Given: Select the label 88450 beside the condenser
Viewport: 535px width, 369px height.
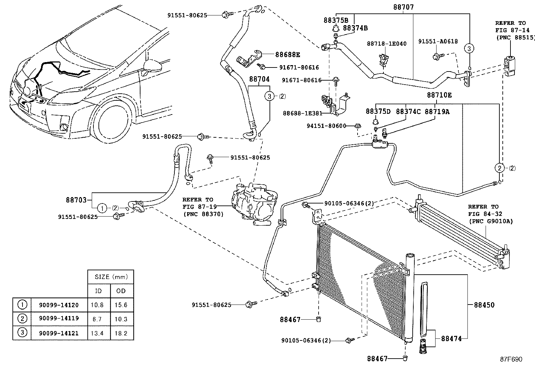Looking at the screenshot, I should pyautogui.click(x=484, y=305).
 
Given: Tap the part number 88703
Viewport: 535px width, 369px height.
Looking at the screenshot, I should pyautogui.click(x=76, y=200).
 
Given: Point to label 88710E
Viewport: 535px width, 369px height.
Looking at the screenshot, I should pyautogui.click(x=439, y=95).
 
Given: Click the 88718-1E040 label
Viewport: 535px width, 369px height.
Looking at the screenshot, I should pyautogui.click(x=386, y=44).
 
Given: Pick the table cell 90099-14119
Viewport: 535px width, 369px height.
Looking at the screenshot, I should pyautogui.click(x=59, y=319).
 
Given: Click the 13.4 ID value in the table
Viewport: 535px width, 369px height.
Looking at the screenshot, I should pyautogui.click(x=97, y=333).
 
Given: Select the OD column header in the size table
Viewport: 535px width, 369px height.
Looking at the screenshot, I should pyautogui.click(x=121, y=291).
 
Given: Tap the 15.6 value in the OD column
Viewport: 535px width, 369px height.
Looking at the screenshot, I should pyautogui.click(x=121, y=305).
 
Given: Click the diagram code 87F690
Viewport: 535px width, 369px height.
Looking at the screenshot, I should pyautogui.click(x=511, y=359).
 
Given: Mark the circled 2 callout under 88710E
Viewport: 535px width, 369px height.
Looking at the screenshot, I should pyautogui.click(x=499, y=168).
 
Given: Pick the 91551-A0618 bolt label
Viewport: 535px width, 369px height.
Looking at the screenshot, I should pyautogui.click(x=438, y=41).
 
